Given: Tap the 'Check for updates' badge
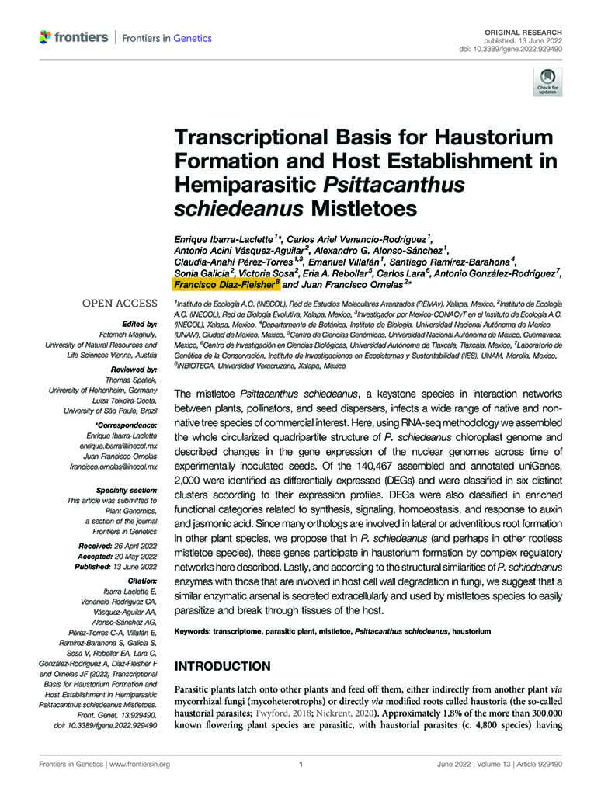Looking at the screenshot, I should (x=546, y=81).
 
